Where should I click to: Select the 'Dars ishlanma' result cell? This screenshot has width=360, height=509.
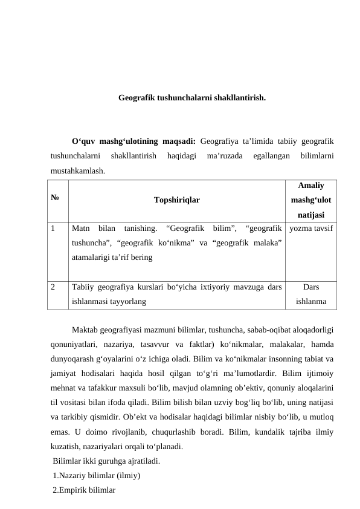point(311,293)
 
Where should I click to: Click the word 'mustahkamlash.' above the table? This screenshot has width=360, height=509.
point(77,171)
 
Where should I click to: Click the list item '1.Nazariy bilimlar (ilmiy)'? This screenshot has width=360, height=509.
point(97,475)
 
